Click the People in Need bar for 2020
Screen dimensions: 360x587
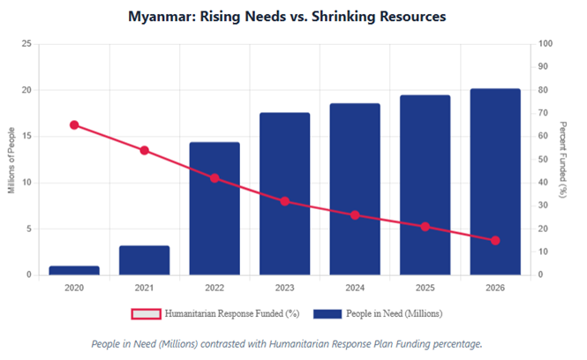[x=74, y=270]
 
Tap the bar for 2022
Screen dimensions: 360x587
[x=214, y=208]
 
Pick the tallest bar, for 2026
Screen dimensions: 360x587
[x=495, y=181]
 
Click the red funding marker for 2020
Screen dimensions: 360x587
[x=74, y=125]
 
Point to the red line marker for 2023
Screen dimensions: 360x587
[x=284, y=201]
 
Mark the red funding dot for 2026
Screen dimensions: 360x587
[x=495, y=240]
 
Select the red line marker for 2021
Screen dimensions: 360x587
[x=144, y=150]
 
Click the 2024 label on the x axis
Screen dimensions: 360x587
[x=355, y=288]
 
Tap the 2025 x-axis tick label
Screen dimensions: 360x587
[x=425, y=288]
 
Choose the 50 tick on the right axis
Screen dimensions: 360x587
[x=543, y=160]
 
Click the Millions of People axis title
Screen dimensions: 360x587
[x=12, y=160]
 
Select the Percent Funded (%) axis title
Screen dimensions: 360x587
[x=565, y=160]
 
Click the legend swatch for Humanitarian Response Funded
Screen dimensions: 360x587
[x=147, y=313]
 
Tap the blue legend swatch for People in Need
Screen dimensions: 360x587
[x=328, y=313]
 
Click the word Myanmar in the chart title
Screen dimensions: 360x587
[x=161, y=17]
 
